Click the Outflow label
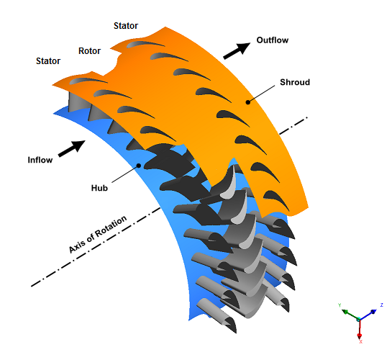coord(273,40)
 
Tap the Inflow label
coord(40,160)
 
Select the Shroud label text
coord(295,82)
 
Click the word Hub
coord(99,188)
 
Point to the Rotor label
coord(89,51)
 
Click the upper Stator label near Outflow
coord(126,25)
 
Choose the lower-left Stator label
coord(48,60)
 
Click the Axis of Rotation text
coord(98,234)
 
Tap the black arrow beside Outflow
coord(237,51)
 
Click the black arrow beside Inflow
coord(71,148)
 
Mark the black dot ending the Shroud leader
coord(247,102)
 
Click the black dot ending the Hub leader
coord(139,166)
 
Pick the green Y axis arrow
coord(350,315)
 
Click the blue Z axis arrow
coord(368,315)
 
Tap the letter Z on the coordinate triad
coord(381,305)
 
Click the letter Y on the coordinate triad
coord(339,305)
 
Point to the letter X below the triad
coord(360,341)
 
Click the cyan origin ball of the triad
coord(359,319)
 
